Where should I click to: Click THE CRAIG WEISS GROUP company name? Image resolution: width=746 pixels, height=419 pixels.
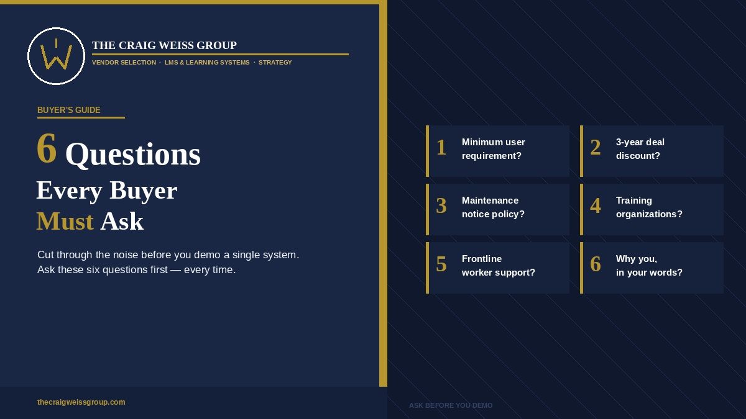coord(164,45)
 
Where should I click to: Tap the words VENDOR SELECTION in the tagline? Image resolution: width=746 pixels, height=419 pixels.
coord(124,63)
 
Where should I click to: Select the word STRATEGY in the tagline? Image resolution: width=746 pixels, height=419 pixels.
coord(275,63)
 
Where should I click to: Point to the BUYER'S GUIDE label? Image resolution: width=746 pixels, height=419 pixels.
coord(68,110)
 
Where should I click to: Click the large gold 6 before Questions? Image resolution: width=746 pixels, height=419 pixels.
coord(47,148)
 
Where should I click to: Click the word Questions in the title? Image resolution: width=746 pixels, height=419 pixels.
coord(133,155)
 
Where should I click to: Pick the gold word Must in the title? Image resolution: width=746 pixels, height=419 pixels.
coord(65,222)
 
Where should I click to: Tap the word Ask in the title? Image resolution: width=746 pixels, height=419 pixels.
coord(122,222)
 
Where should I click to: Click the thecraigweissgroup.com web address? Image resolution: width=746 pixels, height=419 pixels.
coord(81,402)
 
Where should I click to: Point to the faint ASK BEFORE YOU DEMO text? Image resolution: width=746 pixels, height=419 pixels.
coord(451,405)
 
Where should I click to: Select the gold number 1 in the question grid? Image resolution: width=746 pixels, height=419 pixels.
coord(441,147)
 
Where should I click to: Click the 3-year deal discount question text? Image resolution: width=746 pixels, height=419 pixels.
coord(640,149)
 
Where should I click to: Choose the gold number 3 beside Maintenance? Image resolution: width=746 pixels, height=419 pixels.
coord(441,205)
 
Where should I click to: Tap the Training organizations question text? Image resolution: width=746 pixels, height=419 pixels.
coord(649,207)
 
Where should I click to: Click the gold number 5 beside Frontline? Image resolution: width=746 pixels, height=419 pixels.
coord(441,264)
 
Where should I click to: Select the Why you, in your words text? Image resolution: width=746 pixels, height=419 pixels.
coord(649,266)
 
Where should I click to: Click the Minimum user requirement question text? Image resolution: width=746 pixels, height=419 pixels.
coord(493,149)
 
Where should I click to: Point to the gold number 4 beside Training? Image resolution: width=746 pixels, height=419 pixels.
coord(596,205)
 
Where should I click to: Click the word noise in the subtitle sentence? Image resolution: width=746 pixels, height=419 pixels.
coord(126,255)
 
